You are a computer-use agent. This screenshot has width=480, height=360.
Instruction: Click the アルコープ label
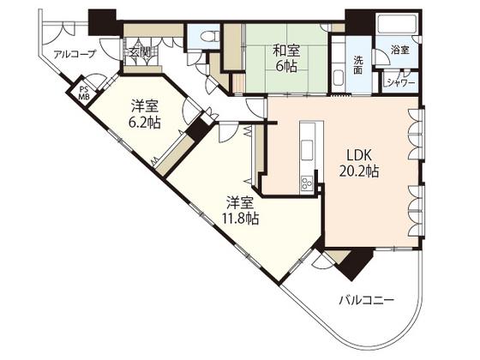click(75, 54)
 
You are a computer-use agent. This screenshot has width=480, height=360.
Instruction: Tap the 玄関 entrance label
click(139, 52)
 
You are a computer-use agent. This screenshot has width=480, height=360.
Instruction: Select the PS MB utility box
click(84, 93)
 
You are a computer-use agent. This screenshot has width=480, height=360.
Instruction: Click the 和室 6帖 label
click(286, 58)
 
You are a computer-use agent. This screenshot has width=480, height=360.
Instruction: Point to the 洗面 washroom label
click(358, 64)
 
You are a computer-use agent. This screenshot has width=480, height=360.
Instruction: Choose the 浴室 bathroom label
click(399, 50)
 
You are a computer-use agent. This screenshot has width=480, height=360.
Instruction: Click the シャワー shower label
click(401, 82)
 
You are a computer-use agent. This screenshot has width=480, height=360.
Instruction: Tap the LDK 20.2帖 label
click(359, 163)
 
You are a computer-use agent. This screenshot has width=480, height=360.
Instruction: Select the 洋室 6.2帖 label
click(145, 115)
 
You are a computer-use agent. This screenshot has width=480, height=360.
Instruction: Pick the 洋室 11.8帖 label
click(240, 210)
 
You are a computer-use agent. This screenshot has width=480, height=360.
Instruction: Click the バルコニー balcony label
click(366, 300)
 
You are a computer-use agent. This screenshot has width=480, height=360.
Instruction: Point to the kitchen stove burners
click(308, 183)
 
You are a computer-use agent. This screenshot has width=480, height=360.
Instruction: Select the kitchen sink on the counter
click(307, 150)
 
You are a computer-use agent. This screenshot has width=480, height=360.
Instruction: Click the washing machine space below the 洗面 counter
click(339, 79)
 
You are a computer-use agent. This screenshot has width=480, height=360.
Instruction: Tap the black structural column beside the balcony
click(357, 262)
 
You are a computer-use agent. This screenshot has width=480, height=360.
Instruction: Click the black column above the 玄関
click(102, 22)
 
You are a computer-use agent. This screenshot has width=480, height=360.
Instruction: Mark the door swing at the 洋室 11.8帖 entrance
click(228, 132)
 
